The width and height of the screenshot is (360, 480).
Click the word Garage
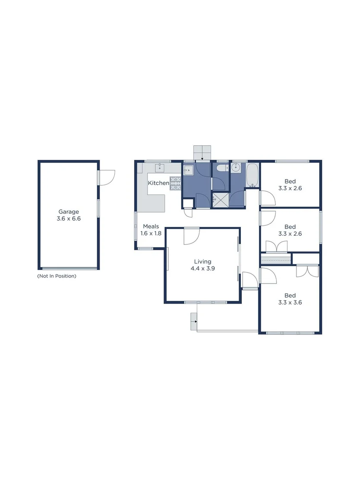coord(69,212)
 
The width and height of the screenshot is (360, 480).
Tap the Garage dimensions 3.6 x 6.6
coord(69,219)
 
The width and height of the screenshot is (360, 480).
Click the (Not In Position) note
coord(56,276)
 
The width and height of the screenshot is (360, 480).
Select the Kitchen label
coord(158,183)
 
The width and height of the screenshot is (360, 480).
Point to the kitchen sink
coord(159,168)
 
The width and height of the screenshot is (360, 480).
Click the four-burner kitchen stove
coord(176,183)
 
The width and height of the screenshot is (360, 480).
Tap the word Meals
coord(151,227)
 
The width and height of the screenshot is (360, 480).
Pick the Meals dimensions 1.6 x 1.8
coord(151,233)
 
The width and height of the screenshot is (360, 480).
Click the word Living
coord(203,262)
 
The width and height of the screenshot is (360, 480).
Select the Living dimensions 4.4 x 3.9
coord(203,268)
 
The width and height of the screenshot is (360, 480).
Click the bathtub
coord(252,175)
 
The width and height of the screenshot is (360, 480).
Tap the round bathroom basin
coord(235,168)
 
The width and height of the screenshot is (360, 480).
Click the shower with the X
coord(220,200)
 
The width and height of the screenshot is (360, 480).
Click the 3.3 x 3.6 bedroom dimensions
coord(290,303)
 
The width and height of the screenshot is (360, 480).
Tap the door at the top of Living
coord(192,235)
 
